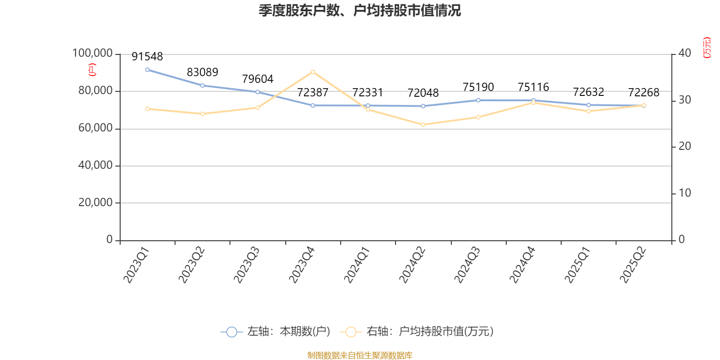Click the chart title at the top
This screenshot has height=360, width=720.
[x=360, y=11]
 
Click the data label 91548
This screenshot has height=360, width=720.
[x=147, y=57]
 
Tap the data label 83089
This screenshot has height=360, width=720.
[x=202, y=72]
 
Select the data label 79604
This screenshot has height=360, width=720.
[x=257, y=79]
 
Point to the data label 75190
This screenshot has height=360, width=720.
[x=478, y=87]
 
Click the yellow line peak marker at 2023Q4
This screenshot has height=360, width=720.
[x=313, y=72]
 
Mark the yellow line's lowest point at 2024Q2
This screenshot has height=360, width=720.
[x=423, y=125]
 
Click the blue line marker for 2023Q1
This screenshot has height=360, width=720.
[x=147, y=70]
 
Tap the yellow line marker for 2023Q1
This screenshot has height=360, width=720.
[x=147, y=109]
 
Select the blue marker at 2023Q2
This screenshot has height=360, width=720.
[x=202, y=85]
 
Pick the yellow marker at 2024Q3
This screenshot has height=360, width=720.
[x=478, y=117]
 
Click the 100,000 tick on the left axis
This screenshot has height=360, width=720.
[x=92, y=54]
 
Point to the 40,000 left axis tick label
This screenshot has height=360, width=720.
[x=95, y=166]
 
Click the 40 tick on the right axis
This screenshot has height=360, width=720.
[x=684, y=53]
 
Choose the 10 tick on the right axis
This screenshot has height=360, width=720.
[x=684, y=193]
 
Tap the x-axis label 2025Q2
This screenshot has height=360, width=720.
[x=633, y=265]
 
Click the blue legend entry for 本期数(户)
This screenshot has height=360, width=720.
[x=275, y=332]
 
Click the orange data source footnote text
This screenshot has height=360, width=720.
[x=360, y=355]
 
